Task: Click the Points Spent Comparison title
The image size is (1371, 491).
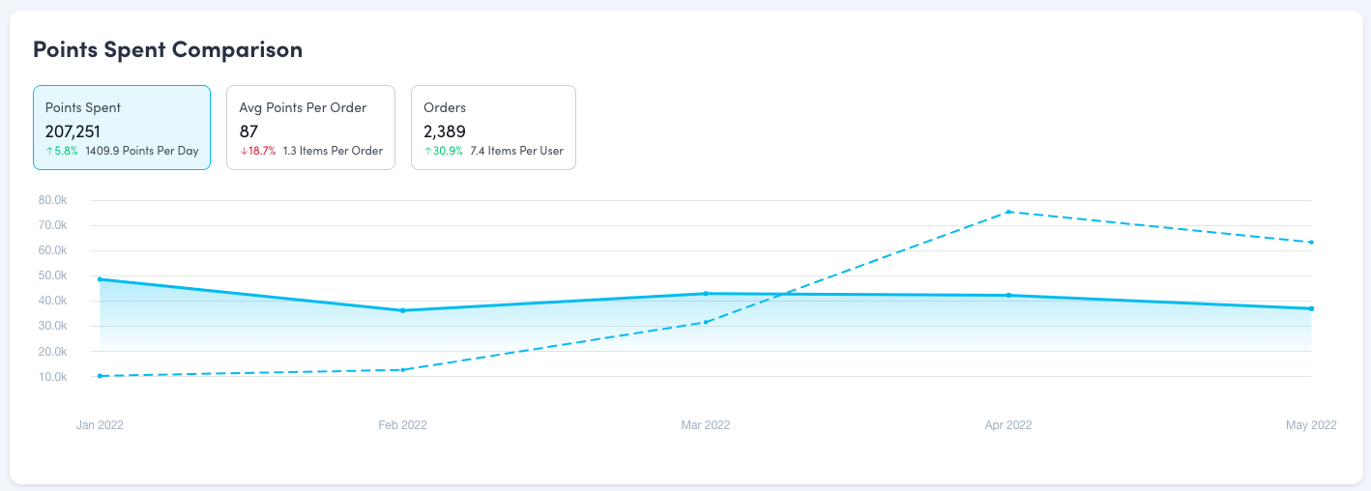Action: [167, 50]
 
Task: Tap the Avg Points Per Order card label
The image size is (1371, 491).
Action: [303, 107]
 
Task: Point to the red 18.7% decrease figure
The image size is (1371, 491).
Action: [258, 151]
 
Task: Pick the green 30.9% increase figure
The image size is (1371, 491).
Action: [443, 151]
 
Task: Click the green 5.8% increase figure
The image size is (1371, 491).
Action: [62, 151]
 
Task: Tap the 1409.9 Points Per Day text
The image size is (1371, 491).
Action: [141, 151]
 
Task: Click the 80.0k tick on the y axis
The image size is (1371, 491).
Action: [52, 200]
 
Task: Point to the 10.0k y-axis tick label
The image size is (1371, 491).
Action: [52, 377]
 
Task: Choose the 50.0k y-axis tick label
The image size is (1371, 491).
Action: [52, 275]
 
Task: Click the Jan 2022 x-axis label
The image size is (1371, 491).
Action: [100, 425]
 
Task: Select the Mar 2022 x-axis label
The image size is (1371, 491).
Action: [706, 425]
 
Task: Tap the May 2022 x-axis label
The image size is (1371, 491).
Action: [1311, 425]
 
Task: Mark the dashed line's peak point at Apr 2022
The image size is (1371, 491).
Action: [1008, 212]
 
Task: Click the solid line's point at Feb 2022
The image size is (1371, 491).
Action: [402, 310]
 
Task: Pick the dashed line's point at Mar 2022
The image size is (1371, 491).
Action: [706, 322]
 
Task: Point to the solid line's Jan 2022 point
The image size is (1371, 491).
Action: [101, 279]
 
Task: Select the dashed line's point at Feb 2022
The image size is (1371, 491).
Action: [402, 369]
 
